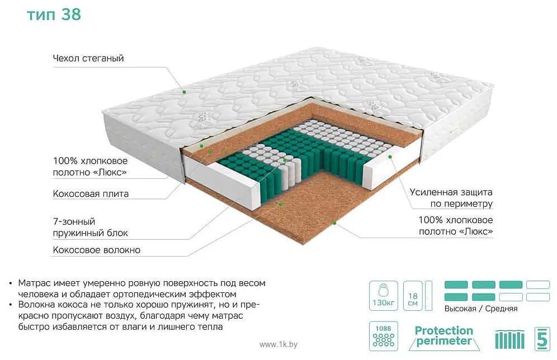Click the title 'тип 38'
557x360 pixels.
[x=54, y=15]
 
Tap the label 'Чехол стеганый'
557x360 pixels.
[x=88, y=58]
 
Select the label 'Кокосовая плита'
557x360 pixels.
[x=91, y=194]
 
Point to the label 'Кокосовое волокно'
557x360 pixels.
[x=96, y=250]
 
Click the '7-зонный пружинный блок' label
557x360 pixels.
[x=90, y=227]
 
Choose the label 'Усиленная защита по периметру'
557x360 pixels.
[x=451, y=198]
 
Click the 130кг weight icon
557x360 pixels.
[x=383, y=295]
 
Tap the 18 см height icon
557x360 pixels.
[x=413, y=295]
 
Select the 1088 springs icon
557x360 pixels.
[x=383, y=336]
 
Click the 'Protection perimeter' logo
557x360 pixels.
[x=444, y=336]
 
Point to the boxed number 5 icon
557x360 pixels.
[x=542, y=339]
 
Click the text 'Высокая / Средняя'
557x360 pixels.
[x=481, y=309]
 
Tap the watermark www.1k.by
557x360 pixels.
[x=278, y=344]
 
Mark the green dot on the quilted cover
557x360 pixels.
[x=185, y=92]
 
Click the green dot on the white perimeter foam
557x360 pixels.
[x=390, y=157]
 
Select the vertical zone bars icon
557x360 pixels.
[x=510, y=339]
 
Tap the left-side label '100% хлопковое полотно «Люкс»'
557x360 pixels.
[x=90, y=167]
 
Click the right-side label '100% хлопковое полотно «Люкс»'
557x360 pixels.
[x=456, y=226]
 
